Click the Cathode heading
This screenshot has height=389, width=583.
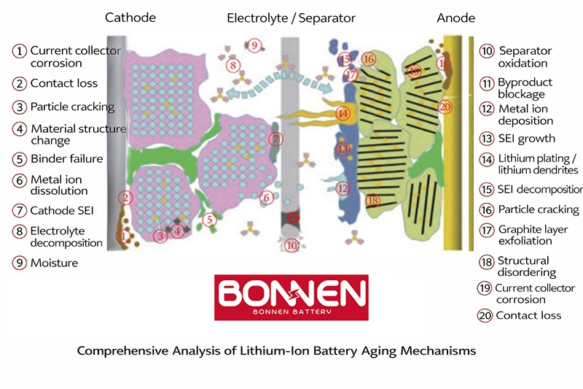130,18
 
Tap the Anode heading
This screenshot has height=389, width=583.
456,18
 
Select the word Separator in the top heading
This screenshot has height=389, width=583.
326,18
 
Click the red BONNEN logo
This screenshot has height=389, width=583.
291,298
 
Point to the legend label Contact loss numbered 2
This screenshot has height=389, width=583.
64,83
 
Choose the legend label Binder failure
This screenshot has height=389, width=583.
67,158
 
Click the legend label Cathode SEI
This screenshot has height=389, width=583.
62,210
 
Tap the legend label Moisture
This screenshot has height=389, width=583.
54,263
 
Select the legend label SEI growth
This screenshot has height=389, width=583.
526,139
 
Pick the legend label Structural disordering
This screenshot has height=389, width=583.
526,266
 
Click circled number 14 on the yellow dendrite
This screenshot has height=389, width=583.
343,113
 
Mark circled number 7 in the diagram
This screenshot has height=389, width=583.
276,139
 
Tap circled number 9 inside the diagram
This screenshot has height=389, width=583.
254,45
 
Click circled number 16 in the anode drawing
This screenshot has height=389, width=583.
369,59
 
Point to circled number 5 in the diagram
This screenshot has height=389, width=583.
209,220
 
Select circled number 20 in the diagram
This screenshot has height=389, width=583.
445,107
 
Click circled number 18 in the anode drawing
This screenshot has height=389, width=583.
373,200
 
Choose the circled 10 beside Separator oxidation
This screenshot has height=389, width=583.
487,51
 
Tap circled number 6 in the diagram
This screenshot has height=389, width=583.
266,197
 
